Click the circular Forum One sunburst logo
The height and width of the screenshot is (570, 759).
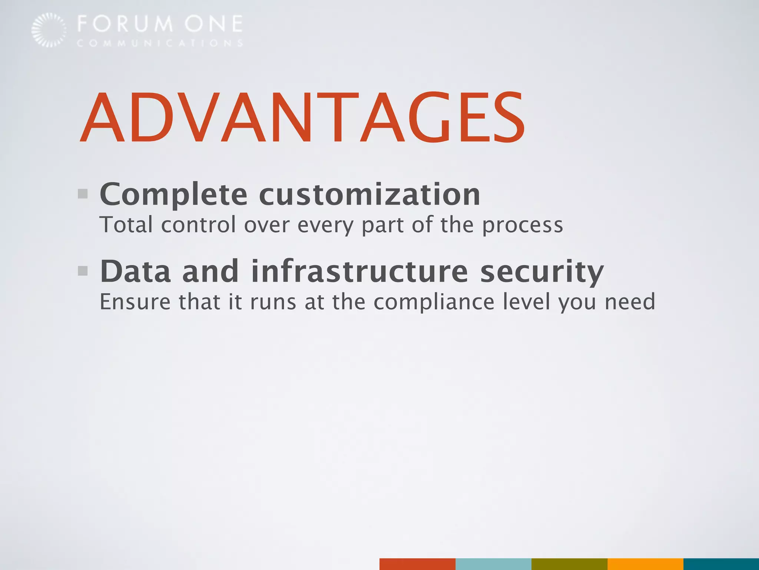pos(49,30)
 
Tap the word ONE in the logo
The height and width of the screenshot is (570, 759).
pos(214,24)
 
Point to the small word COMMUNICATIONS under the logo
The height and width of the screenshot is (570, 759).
pos(160,43)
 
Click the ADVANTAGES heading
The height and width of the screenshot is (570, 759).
pos(302,118)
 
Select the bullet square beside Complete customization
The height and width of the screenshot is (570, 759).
pos(83,194)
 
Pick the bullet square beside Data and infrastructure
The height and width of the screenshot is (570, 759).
pos(83,271)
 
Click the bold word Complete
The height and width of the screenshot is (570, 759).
pos(173,195)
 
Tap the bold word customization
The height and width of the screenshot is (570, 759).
pos(369,195)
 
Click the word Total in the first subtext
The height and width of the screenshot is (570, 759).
pos(126,225)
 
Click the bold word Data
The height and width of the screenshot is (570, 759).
pos(135,271)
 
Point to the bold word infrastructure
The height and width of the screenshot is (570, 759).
pos(359,271)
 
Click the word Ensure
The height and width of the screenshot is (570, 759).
pos(135,302)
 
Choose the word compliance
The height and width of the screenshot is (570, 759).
pos(434,302)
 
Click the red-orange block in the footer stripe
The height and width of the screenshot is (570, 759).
pos(417,564)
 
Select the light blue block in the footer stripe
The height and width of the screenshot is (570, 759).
pos(493,564)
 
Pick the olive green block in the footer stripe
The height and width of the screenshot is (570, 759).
pos(569,564)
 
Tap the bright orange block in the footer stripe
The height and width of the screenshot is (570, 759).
pos(645,564)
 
